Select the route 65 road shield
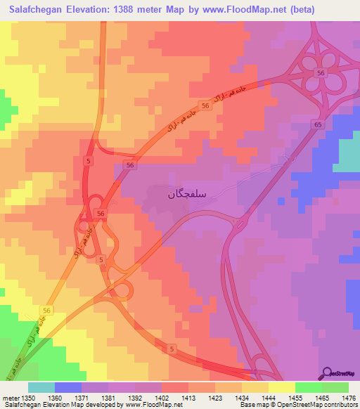pos(319,124)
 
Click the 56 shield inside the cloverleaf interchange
pos(321,73)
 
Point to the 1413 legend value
pos(188,398)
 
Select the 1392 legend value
pos(135,398)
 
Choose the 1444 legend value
pos(269,398)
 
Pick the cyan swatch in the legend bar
pos(41,387)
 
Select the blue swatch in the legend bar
pos(68,387)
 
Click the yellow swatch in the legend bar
pos(282,387)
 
